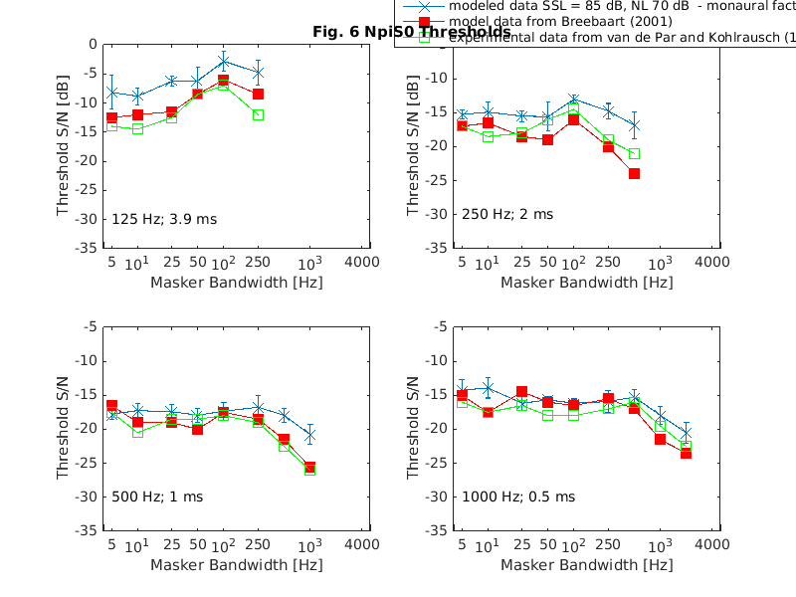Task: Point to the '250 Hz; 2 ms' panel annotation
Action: tap(506, 214)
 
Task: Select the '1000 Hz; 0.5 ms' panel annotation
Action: tap(517, 497)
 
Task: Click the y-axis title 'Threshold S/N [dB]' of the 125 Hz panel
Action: tap(64, 144)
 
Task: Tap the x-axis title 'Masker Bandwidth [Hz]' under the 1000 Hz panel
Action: tap(586, 565)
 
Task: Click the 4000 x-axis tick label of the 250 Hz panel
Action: tap(712, 264)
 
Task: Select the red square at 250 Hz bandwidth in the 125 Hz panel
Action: tap(258, 95)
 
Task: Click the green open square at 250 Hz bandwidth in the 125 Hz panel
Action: tap(258, 115)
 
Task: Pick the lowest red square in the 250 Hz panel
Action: tap(634, 173)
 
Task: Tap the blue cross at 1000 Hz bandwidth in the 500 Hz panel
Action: tap(309, 435)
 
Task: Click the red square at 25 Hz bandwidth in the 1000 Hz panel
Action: tap(521, 392)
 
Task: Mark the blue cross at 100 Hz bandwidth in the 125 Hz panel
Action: tap(224, 62)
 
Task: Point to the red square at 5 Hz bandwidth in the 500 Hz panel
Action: tap(111, 406)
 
